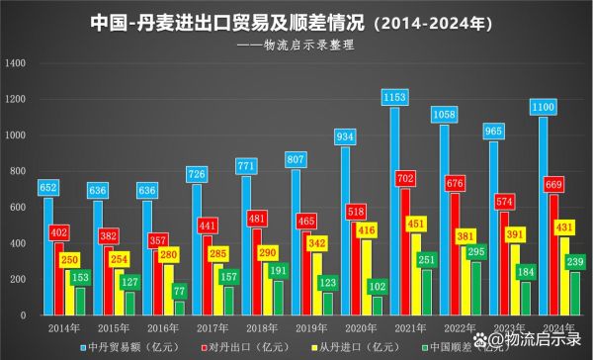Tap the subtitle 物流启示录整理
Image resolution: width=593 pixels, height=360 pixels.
[297, 45]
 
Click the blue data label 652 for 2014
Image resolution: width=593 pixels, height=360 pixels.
[47, 188]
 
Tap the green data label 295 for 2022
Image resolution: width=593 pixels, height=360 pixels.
[480, 252]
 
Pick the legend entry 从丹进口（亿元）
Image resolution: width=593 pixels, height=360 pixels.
[350, 346]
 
